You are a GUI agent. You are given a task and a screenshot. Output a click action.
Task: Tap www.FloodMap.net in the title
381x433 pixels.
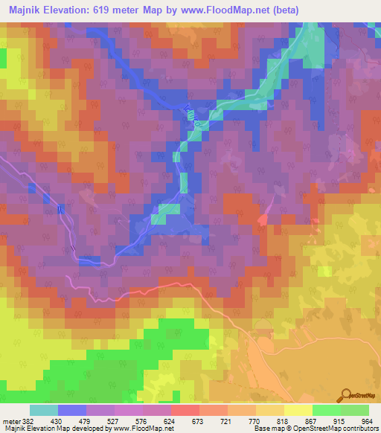point(243,10)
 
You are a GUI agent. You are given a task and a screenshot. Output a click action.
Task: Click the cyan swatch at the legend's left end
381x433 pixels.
point(44,410)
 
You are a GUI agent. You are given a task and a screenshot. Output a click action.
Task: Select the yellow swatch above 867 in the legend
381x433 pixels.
point(327,410)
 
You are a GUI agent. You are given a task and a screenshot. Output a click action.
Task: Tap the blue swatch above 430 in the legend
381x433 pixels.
point(72,410)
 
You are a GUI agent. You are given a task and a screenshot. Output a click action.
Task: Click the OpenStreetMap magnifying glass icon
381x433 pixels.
point(346,396)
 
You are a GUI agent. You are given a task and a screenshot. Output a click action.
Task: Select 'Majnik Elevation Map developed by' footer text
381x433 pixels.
point(45,429)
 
